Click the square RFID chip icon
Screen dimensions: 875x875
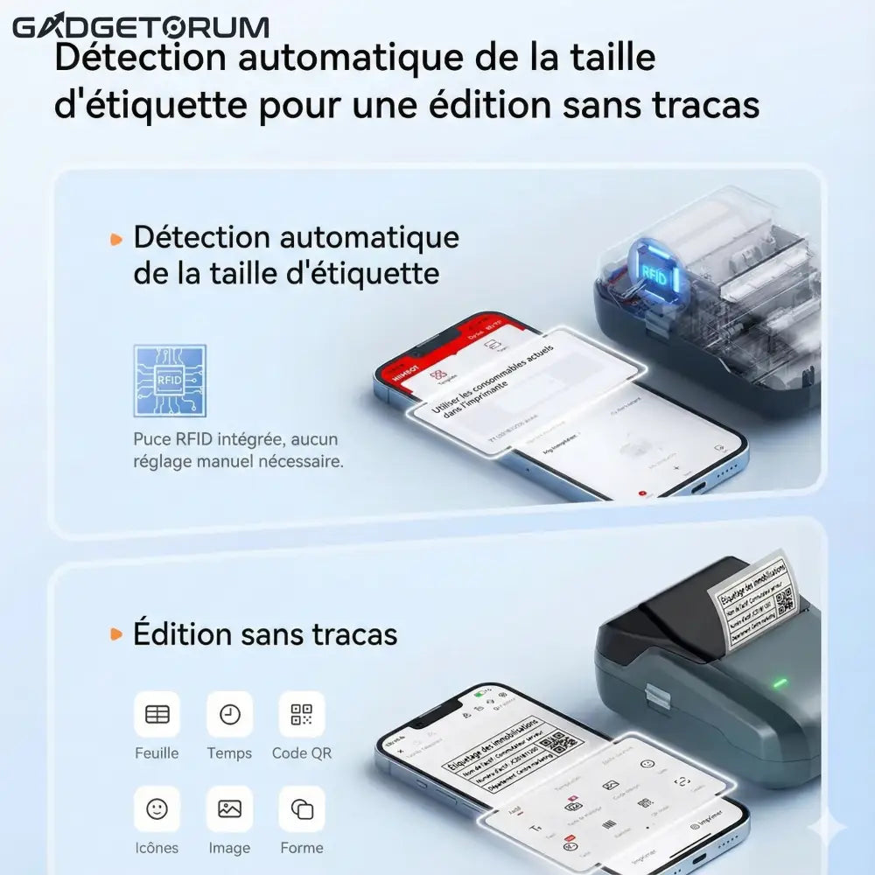(x=170, y=380)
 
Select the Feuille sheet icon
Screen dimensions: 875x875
(x=157, y=714)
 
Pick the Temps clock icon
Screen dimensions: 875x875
(x=229, y=714)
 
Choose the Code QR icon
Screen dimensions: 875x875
(x=301, y=714)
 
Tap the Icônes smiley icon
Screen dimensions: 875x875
(x=157, y=808)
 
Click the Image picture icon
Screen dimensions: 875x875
(x=229, y=808)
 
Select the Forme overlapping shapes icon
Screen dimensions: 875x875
(x=301, y=808)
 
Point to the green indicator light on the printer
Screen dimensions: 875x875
(x=780, y=682)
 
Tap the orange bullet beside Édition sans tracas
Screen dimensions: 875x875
(x=115, y=633)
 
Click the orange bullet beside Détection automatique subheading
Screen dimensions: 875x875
(x=115, y=238)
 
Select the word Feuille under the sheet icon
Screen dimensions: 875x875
(x=157, y=752)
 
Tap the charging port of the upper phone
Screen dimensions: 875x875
(x=700, y=486)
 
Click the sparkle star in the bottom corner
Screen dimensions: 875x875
(x=826, y=827)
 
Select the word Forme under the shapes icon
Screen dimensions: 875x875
(x=301, y=847)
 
